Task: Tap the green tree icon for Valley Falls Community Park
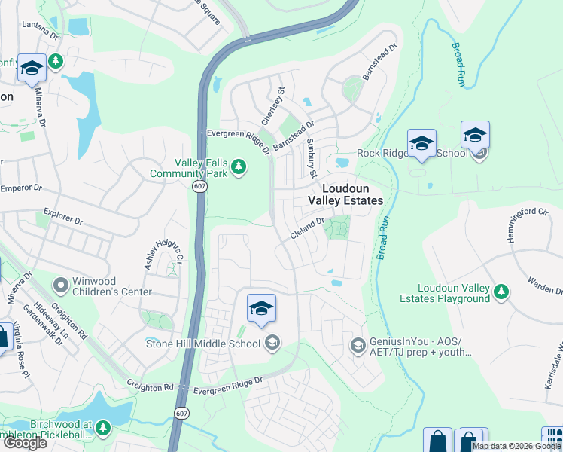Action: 239,166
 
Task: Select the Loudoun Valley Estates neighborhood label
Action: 345,194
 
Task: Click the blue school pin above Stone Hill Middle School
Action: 261,308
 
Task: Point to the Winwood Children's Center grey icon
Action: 60,286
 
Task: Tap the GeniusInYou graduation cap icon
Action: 358,346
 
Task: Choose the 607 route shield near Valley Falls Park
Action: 199,186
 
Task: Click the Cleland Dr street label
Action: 307,228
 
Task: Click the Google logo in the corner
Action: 24,443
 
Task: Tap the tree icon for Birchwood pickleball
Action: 102,429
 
